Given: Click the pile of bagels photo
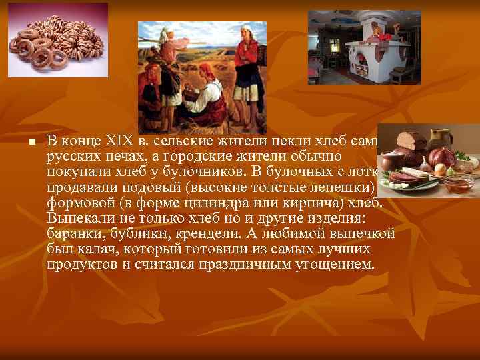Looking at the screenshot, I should click(57, 40).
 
